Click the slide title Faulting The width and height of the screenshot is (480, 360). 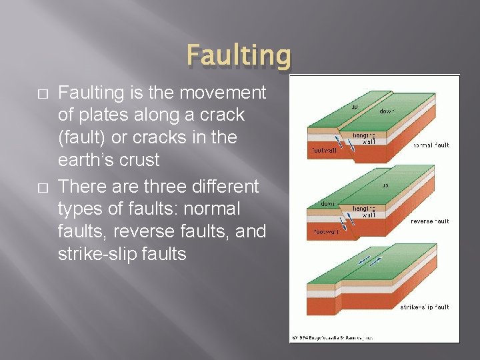pos(239,56)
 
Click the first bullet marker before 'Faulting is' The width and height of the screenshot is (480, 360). pos(44,93)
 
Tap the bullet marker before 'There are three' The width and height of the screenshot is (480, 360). pos(44,186)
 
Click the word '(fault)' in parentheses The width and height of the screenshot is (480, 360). pos(86,137)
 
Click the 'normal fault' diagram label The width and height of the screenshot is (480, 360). pos(431,145)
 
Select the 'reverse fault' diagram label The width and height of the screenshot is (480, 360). pos(429,221)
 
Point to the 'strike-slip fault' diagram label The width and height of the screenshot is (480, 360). pos(424,307)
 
